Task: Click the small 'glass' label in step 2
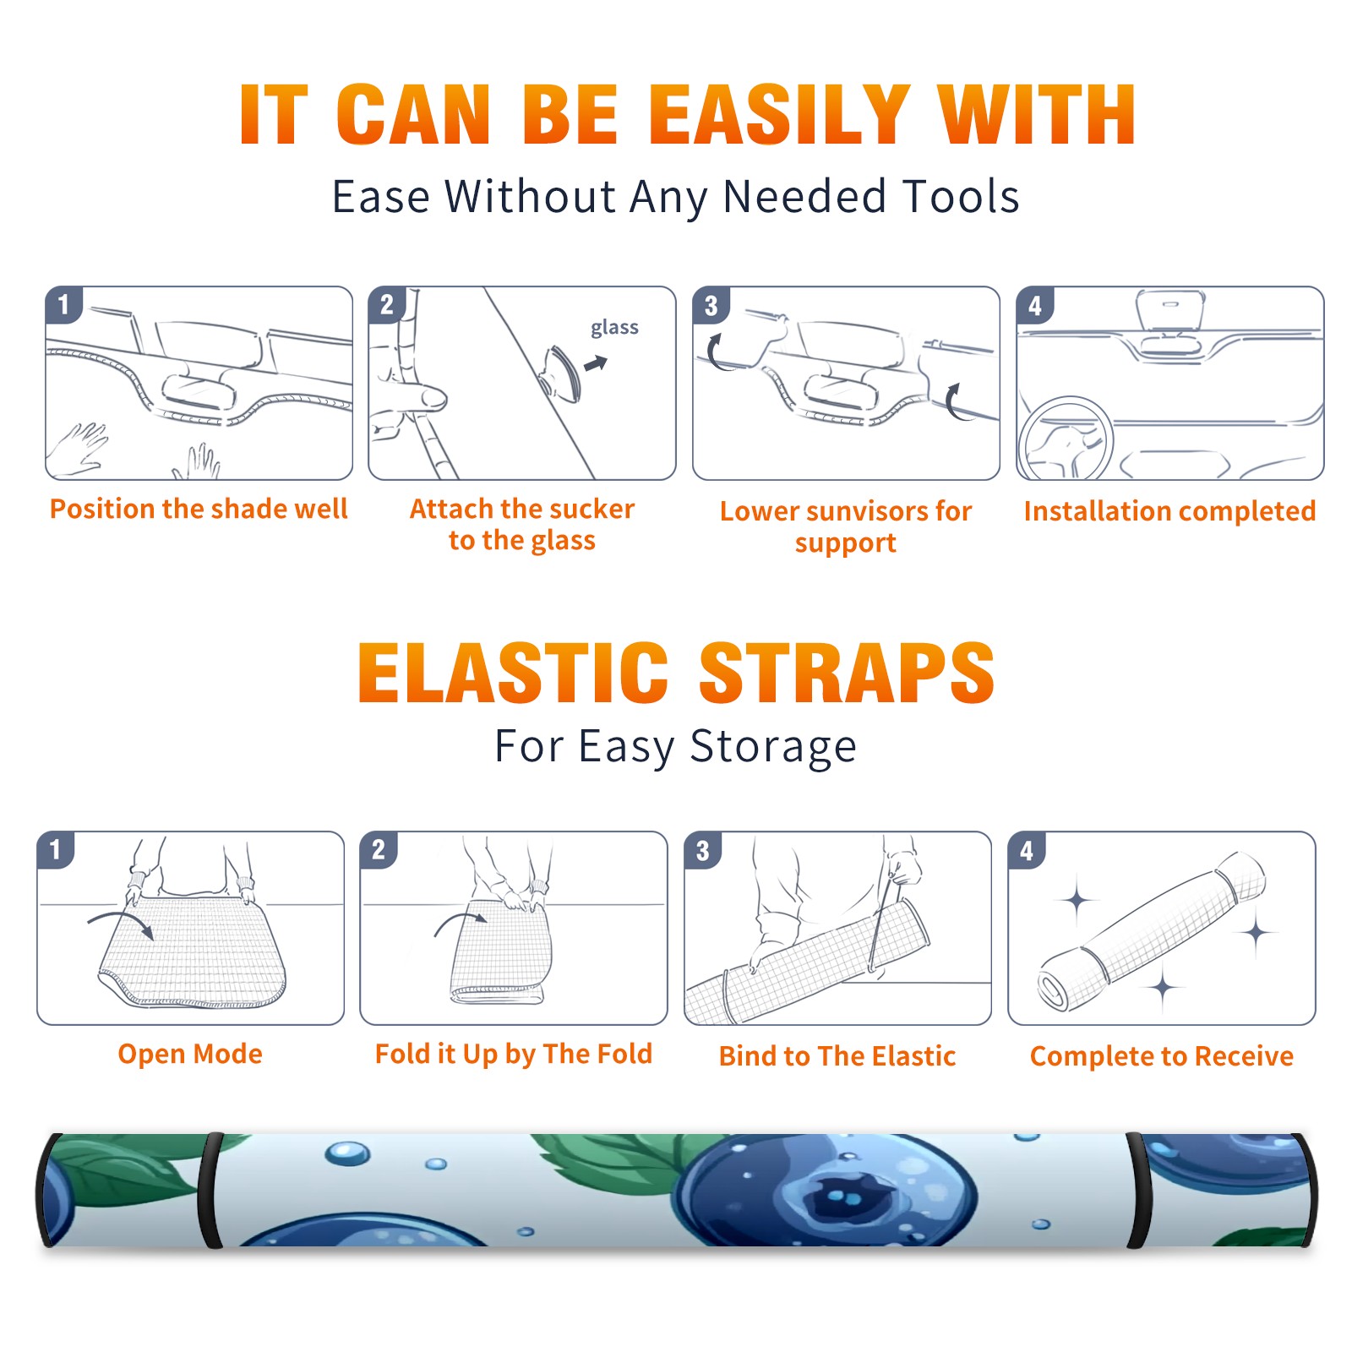[x=614, y=327]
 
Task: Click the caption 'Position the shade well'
[x=199, y=509]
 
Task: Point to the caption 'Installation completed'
[x=1169, y=511]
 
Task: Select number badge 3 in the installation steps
[x=711, y=305]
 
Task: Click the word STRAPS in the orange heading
[x=847, y=673]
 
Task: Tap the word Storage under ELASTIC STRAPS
[x=773, y=747]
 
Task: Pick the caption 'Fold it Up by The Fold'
[x=514, y=1055]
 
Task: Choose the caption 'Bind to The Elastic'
[x=837, y=1056]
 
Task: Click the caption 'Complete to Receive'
[x=1162, y=1056]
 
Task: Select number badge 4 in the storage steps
[x=1027, y=850]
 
